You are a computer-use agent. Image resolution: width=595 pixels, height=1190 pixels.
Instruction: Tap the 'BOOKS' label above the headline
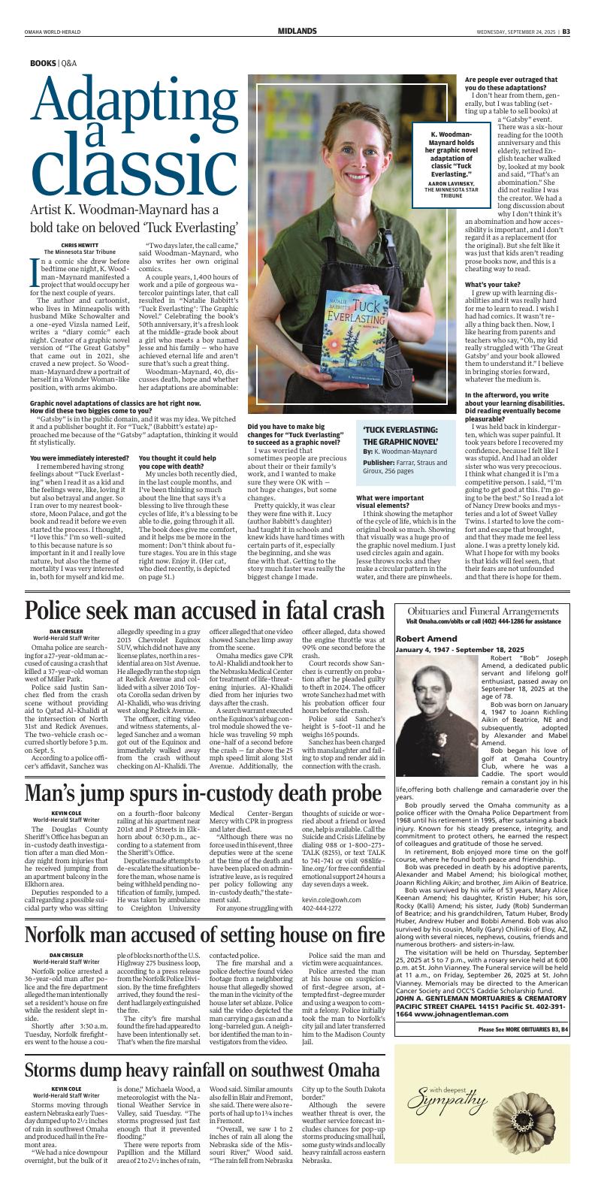pos(43,64)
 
